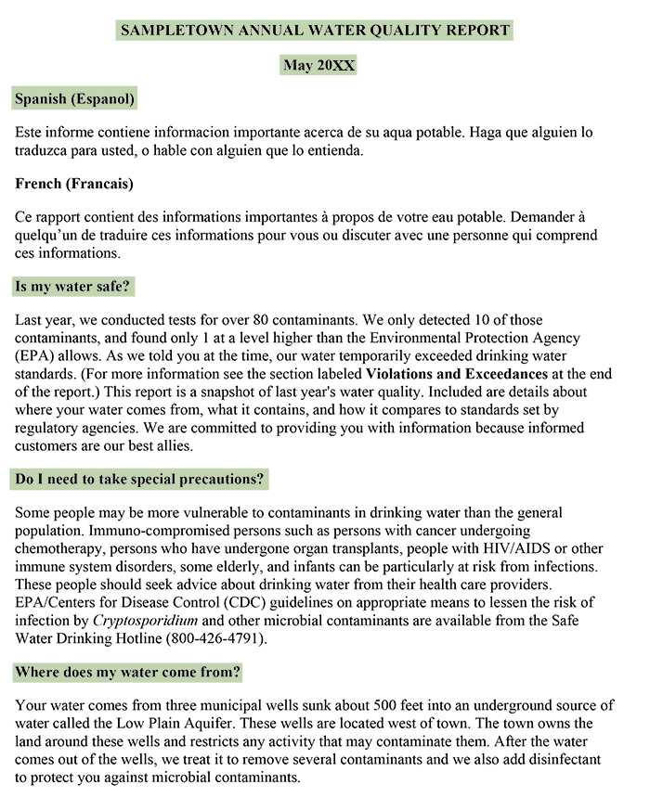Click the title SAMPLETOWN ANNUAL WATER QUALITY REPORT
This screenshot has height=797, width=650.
coord(315,30)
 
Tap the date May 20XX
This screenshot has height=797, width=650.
coord(318,65)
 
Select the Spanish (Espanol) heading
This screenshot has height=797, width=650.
coord(75,97)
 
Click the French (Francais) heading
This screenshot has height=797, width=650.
coord(74,184)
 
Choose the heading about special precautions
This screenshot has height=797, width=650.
coord(139,480)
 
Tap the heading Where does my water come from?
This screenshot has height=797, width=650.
coord(128,672)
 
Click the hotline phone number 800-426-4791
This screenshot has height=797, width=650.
coord(214,638)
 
